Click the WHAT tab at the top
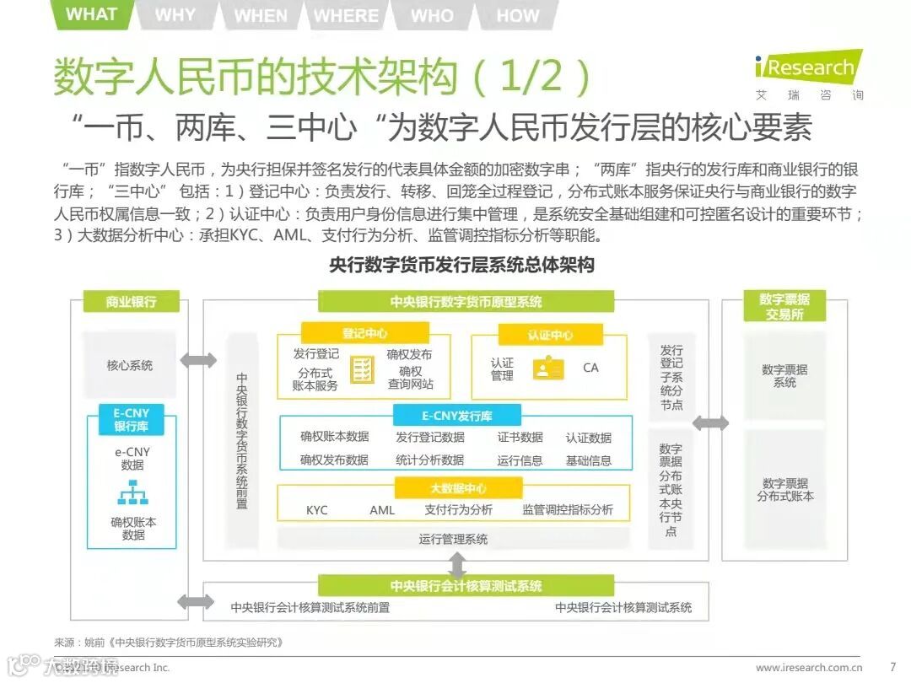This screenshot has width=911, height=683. (x=91, y=14)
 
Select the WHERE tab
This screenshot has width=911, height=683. (x=346, y=15)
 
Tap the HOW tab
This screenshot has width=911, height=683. (x=517, y=15)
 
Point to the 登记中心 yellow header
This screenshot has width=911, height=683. (x=364, y=333)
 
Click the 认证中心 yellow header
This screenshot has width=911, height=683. (x=550, y=335)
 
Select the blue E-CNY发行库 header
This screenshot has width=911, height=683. (x=457, y=416)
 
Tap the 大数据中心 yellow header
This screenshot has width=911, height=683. (x=457, y=488)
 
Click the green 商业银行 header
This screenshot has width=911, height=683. (x=131, y=301)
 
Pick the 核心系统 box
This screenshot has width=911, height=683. (x=130, y=365)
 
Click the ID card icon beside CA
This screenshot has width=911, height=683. (x=548, y=368)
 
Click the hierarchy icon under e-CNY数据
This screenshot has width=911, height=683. (x=132, y=491)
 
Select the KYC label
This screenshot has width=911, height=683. (x=317, y=510)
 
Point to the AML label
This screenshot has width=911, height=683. (x=382, y=510)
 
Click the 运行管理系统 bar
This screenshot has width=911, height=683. (x=453, y=539)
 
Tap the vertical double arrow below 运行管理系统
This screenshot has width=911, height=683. (x=457, y=562)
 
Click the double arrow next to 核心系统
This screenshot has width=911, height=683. (x=198, y=361)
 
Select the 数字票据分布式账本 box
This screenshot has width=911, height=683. (x=784, y=490)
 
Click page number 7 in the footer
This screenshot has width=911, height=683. (x=892, y=667)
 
